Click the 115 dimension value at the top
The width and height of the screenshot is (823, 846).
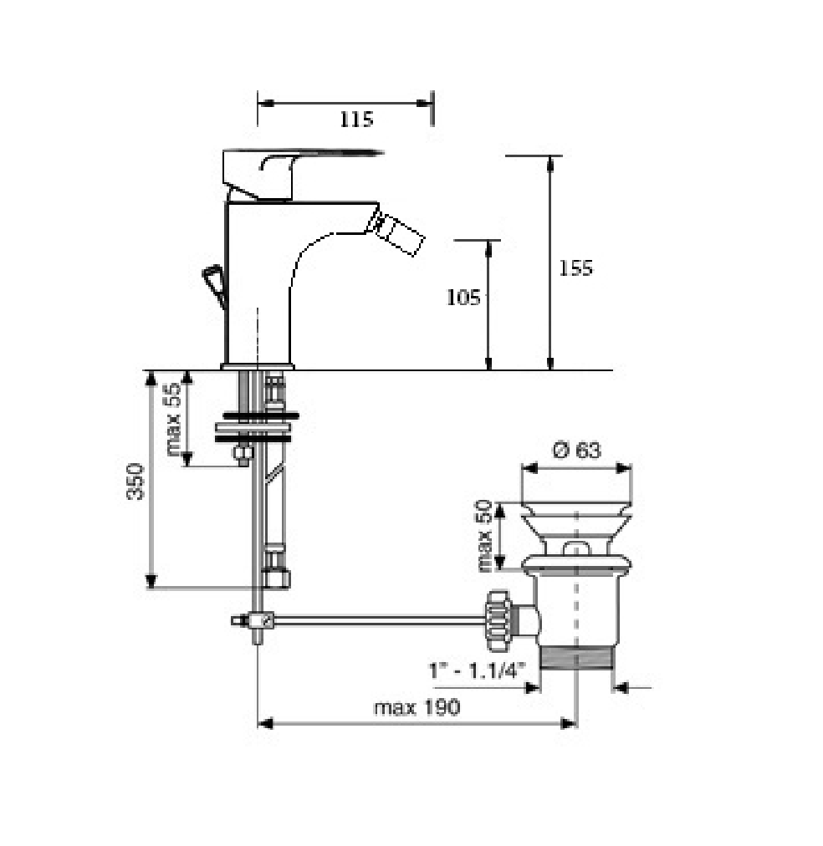356,120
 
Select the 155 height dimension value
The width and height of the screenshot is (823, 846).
575,268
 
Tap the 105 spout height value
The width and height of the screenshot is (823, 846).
463,298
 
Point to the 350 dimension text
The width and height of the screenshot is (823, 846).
135,482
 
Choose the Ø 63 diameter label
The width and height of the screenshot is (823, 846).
576,450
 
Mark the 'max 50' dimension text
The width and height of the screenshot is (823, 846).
484,536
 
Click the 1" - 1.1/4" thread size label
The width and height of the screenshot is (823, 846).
477,670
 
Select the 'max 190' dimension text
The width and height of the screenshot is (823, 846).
417,706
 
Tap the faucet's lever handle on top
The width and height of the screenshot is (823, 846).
291,173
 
